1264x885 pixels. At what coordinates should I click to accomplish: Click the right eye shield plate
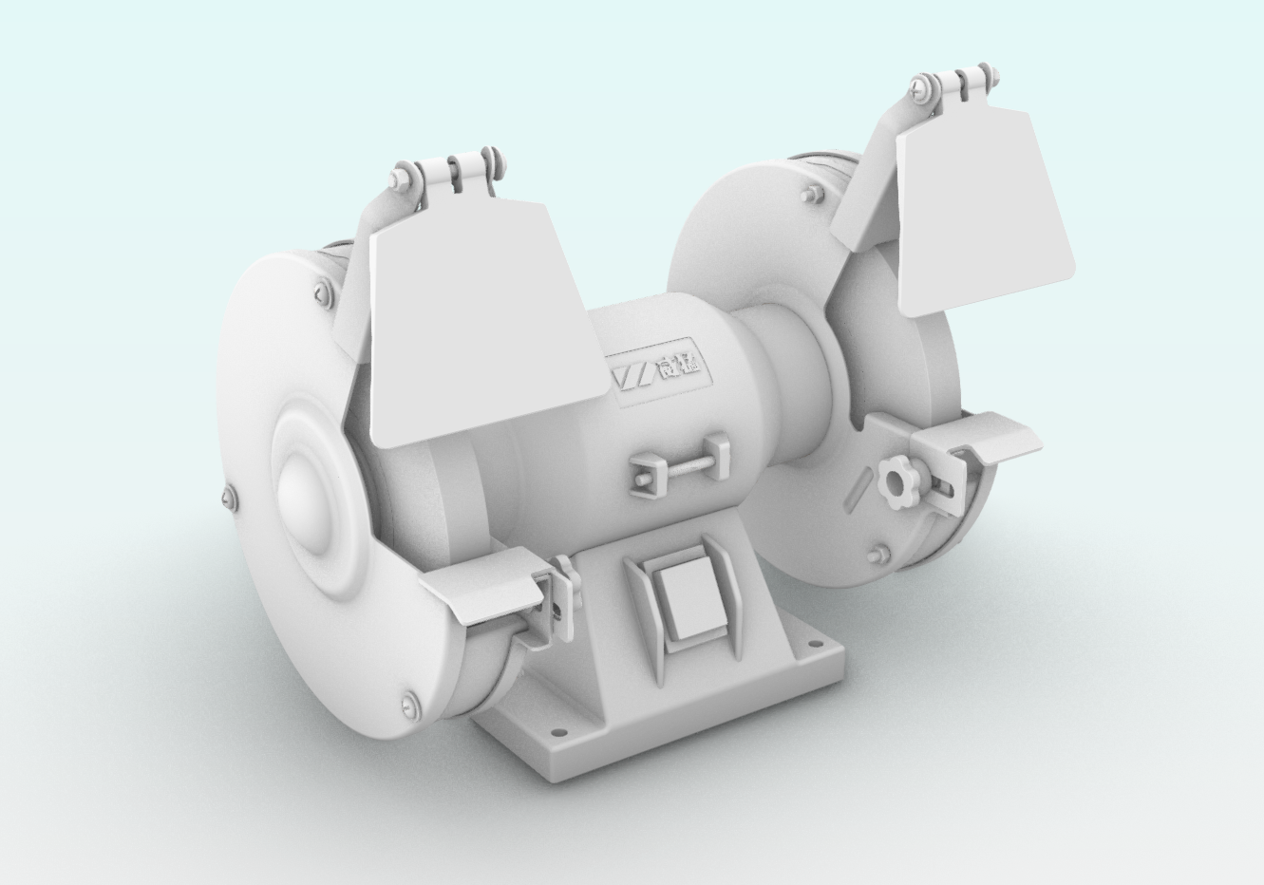click(x=983, y=214)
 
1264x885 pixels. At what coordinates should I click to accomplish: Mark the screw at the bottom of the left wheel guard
click(x=409, y=705)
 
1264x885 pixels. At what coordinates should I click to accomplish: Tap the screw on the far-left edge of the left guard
click(x=228, y=495)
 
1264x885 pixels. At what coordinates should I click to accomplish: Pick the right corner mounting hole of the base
click(x=814, y=646)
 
